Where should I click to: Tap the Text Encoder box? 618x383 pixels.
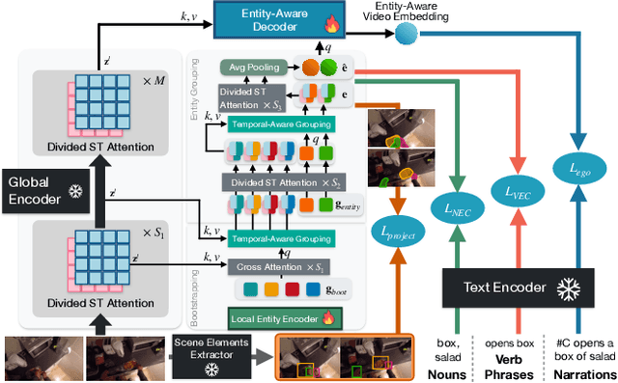point(506,287)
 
